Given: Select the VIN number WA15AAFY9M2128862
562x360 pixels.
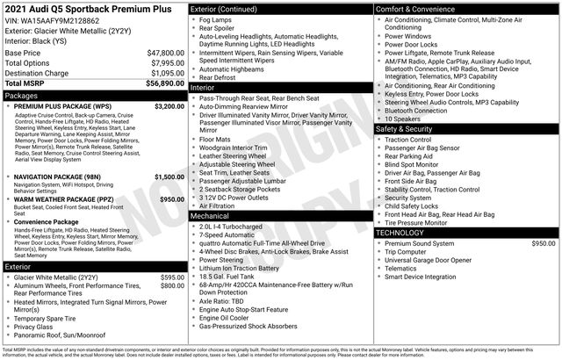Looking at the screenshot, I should tap(61, 19).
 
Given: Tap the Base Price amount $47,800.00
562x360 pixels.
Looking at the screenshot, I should tap(160, 53).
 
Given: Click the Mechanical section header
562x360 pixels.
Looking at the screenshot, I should tap(209, 214).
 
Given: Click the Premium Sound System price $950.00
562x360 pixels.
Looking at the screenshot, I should tap(544, 242).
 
